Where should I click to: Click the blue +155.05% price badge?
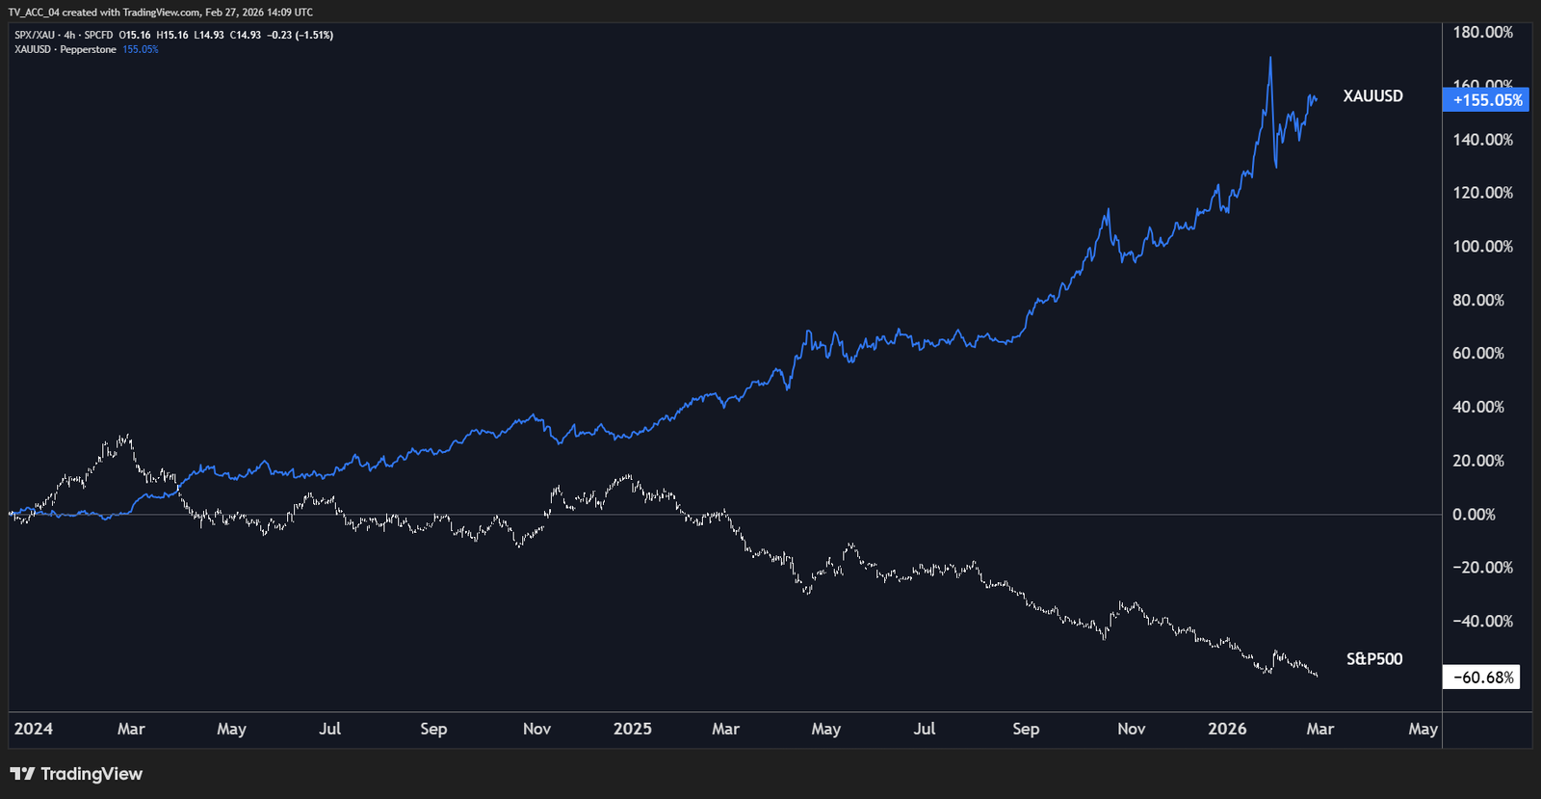(1486, 100)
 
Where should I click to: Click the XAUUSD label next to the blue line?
(1372, 96)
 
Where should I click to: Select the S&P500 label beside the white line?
(1373, 659)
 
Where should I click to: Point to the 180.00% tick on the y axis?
(1482, 33)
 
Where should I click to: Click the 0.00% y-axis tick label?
(1474, 515)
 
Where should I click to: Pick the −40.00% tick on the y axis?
(1482, 622)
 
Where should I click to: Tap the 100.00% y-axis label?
(1482, 247)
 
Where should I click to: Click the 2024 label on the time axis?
(34, 729)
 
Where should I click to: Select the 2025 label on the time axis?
(632, 729)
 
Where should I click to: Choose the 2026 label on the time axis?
(1227, 729)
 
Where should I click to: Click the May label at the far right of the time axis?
(1423, 729)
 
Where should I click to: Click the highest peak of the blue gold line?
(1270, 59)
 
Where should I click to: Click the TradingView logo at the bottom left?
(76, 774)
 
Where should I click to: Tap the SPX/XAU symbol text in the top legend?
(35, 36)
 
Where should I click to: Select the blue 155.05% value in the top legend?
(141, 49)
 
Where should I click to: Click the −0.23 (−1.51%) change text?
(300, 36)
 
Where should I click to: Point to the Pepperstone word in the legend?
(88, 49)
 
